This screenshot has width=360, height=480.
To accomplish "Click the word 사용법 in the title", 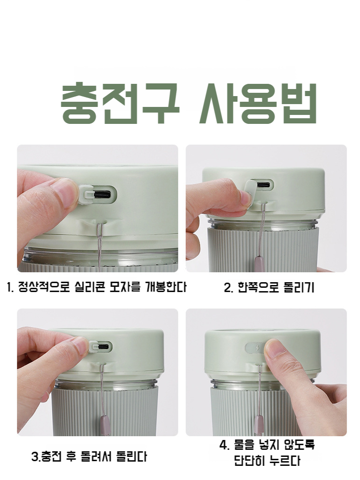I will coord(255,104).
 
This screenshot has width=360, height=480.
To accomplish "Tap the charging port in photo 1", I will coord(102,194).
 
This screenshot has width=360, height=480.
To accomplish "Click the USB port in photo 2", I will coord(263,185).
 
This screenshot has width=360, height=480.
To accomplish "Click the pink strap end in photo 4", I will coord(258,424).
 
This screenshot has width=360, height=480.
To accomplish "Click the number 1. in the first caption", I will coord(11,287).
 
